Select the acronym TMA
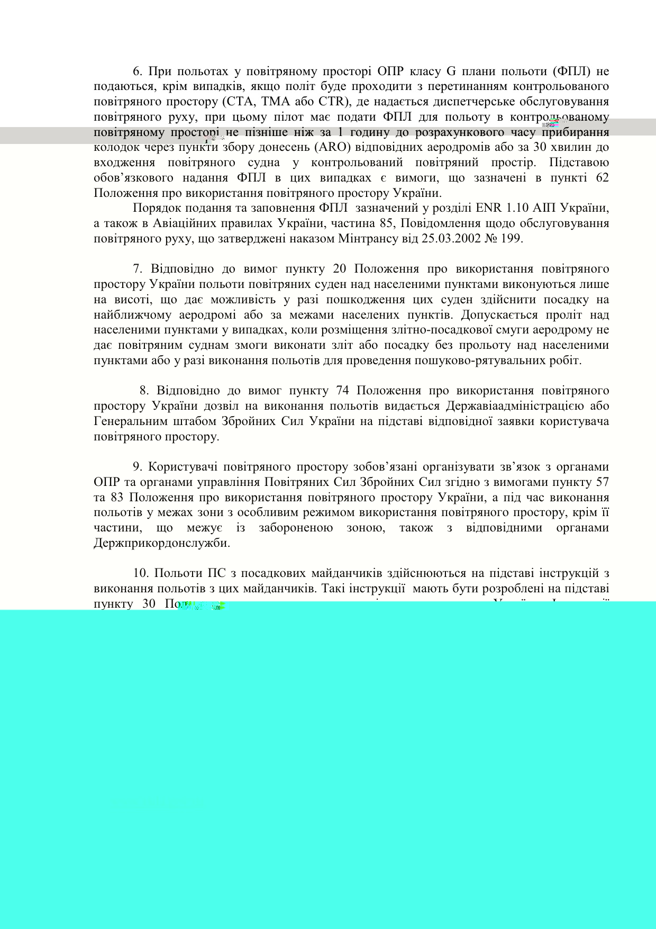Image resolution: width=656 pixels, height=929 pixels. click(269, 102)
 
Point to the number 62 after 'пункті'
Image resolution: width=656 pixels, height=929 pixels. click(602, 178)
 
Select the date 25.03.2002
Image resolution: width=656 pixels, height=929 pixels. click(451, 239)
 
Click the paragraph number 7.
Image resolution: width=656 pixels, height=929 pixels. click(138, 269)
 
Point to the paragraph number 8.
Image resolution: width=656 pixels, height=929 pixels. click(144, 391)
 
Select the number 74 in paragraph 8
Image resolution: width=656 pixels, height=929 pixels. click(343, 391)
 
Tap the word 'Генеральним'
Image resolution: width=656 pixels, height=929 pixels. click(129, 421)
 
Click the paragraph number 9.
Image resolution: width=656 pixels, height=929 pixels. click(138, 467)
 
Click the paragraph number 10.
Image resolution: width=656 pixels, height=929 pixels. click(141, 573)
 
